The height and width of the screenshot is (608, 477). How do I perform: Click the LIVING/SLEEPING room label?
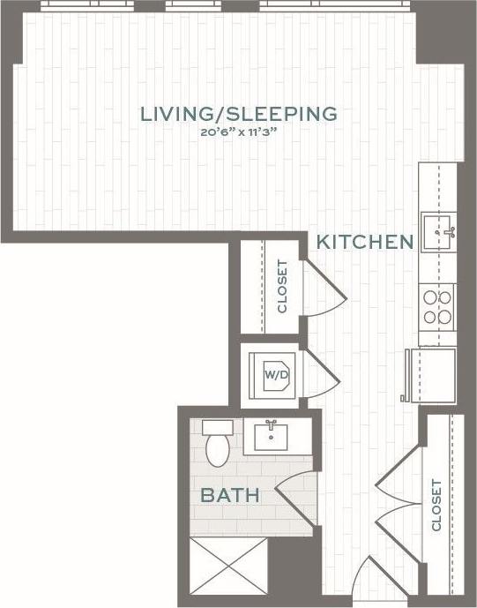(x=238, y=114)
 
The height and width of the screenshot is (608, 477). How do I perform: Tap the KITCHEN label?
(x=365, y=242)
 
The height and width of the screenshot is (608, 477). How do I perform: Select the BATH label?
(x=230, y=495)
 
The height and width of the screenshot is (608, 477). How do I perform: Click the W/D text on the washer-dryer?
(x=276, y=375)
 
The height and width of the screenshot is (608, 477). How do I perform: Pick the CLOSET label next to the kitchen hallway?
(x=282, y=287)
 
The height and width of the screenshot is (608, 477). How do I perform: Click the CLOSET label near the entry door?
(x=436, y=505)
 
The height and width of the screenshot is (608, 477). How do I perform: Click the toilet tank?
(x=215, y=428)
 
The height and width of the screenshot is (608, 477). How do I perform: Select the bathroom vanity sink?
(x=272, y=436)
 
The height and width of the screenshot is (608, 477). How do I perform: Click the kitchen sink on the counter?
(x=438, y=234)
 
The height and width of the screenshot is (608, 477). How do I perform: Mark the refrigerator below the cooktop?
(x=430, y=373)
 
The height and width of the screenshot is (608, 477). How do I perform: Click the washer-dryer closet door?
(x=320, y=375)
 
